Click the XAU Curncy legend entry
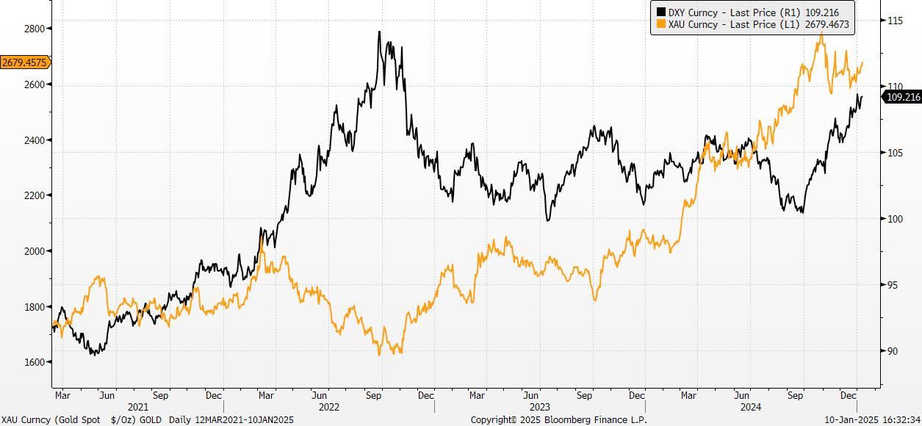click(756, 24)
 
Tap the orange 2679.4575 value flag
click(24, 62)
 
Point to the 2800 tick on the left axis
click(33, 29)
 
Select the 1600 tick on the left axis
click(33, 362)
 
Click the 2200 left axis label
click(33, 195)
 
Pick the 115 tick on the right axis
click(894, 21)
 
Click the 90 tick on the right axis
click(892, 351)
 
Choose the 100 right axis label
click(894, 219)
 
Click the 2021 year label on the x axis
click(138, 406)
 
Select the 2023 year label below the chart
click(539, 406)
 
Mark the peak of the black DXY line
click(379, 32)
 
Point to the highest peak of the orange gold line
click(820, 32)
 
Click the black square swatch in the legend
click(660, 12)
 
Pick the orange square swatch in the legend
click(660, 24)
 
